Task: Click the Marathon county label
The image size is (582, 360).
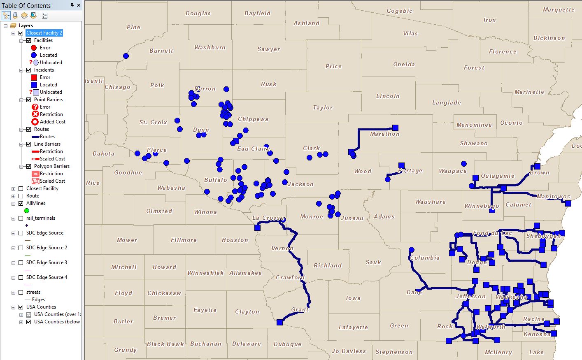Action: pos(384,134)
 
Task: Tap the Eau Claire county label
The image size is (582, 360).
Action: pos(253,149)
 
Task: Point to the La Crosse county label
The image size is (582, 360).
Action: pos(268,218)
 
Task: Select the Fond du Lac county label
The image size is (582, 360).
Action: pos(492,233)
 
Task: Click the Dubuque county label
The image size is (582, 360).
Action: pos(287,344)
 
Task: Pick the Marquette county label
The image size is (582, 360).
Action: pos(558,9)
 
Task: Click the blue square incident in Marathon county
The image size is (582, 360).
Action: pos(395,128)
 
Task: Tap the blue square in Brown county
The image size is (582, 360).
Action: pos(537,166)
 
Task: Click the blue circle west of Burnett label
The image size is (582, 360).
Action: pos(126,56)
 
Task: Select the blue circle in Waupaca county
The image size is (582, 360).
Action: pos(464,164)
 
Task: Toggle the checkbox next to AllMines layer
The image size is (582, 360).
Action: pos(21,203)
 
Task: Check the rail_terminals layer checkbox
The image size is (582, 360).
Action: pos(21,218)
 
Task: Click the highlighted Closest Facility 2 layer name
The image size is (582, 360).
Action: pos(44,33)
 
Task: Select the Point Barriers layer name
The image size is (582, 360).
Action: pos(48,100)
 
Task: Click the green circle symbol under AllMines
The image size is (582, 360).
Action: pos(27,211)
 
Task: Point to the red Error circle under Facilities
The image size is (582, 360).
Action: pos(34,48)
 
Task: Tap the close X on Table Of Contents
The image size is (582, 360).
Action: pos(79,5)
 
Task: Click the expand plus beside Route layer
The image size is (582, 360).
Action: pos(14,196)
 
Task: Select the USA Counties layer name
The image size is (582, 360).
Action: pos(41,307)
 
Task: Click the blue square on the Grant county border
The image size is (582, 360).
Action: pos(280,322)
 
